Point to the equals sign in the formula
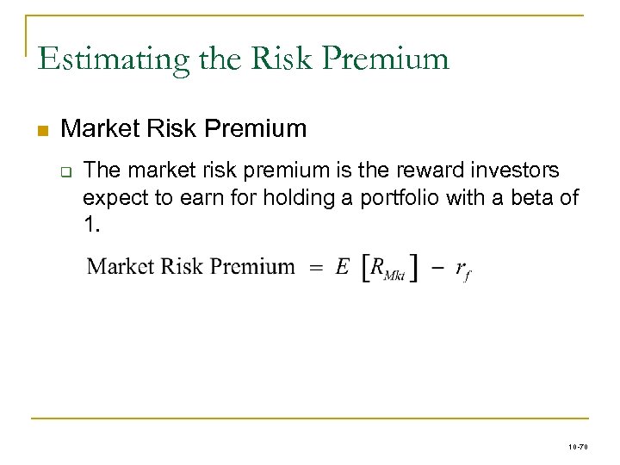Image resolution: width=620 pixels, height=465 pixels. click(315, 268)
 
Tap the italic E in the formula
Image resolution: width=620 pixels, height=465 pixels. click(342, 267)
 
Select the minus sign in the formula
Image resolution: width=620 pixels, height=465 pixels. click(437, 268)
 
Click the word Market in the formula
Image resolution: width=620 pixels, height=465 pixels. click(120, 266)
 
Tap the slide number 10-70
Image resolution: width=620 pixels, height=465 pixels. click(578, 446)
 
